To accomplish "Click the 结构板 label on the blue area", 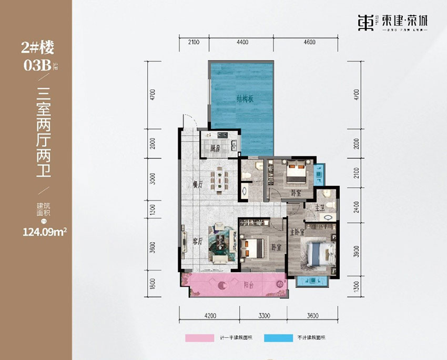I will (243, 98).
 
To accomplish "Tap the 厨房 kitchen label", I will (215, 148).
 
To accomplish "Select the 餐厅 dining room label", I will (198, 185).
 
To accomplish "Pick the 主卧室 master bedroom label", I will (297, 230).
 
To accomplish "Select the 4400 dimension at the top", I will (242, 42).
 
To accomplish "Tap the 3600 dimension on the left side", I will (152, 247).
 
